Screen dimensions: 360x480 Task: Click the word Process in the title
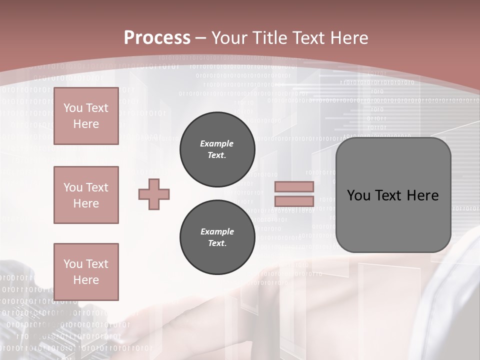(157, 38)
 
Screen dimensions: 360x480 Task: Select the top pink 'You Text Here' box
(86, 116)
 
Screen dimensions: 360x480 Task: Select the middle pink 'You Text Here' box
(86, 195)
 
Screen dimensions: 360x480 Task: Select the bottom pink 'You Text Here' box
(86, 271)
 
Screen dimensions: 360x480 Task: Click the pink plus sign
(154, 194)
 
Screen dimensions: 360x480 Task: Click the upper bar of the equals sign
(294, 187)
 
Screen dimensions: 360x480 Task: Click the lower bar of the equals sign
(294, 201)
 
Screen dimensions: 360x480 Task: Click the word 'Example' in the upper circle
(216, 143)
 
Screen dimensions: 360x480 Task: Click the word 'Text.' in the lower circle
(216, 243)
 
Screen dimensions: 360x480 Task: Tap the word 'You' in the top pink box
(73, 108)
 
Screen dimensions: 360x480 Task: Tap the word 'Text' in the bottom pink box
(97, 264)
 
